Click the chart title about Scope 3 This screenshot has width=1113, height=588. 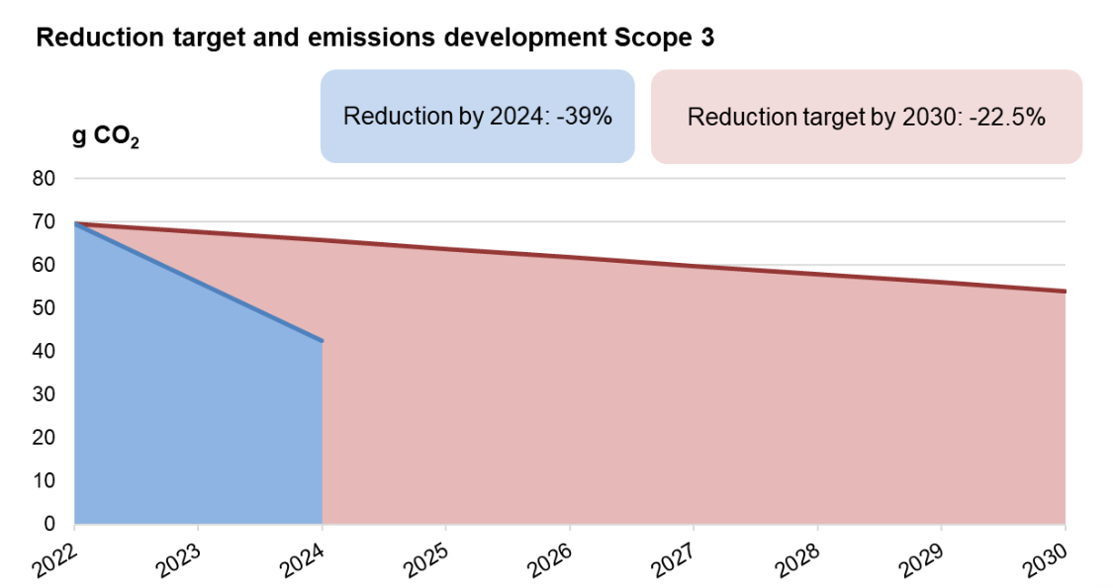(375, 39)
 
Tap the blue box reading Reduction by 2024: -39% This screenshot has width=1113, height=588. (477, 116)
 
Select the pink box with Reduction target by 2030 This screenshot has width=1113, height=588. (866, 117)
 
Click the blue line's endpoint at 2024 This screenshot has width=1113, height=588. (322, 341)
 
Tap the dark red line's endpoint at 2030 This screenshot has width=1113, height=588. (1065, 292)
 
